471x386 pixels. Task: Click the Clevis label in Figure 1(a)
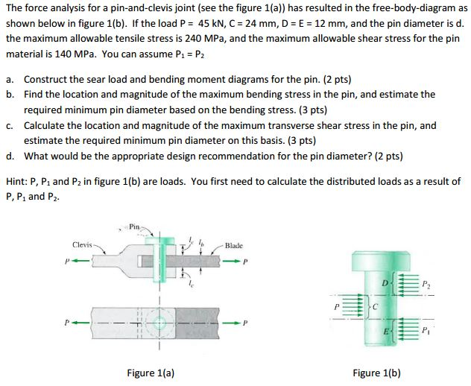point(82,244)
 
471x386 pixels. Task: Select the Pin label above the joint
point(134,225)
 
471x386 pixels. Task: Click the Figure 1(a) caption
point(151,373)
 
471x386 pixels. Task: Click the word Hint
point(16,181)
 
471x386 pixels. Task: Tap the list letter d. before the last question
point(10,156)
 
